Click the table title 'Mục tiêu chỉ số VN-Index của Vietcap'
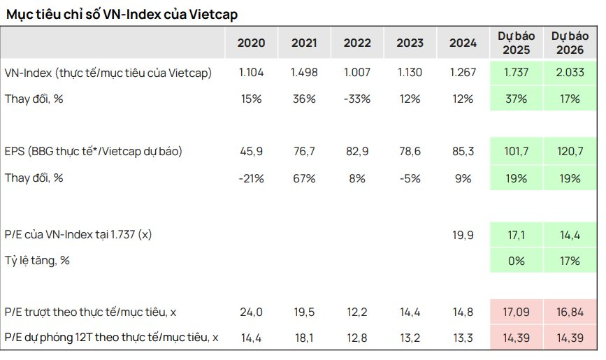(x=125, y=13)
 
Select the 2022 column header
(x=357, y=43)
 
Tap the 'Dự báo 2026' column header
(x=567, y=43)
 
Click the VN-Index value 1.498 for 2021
(x=304, y=73)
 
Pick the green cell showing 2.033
(x=567, y=73)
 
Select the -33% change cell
(x=357, y=99)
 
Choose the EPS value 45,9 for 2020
(x=251, y=151)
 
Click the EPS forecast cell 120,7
(x=567, y=151)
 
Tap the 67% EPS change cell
(x=304, y=178)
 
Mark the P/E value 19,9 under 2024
(x=463, y=235)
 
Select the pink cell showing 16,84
(x=567, y=312)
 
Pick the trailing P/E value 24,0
(x=251, y=312)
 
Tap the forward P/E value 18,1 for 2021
(x=304, y=338)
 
